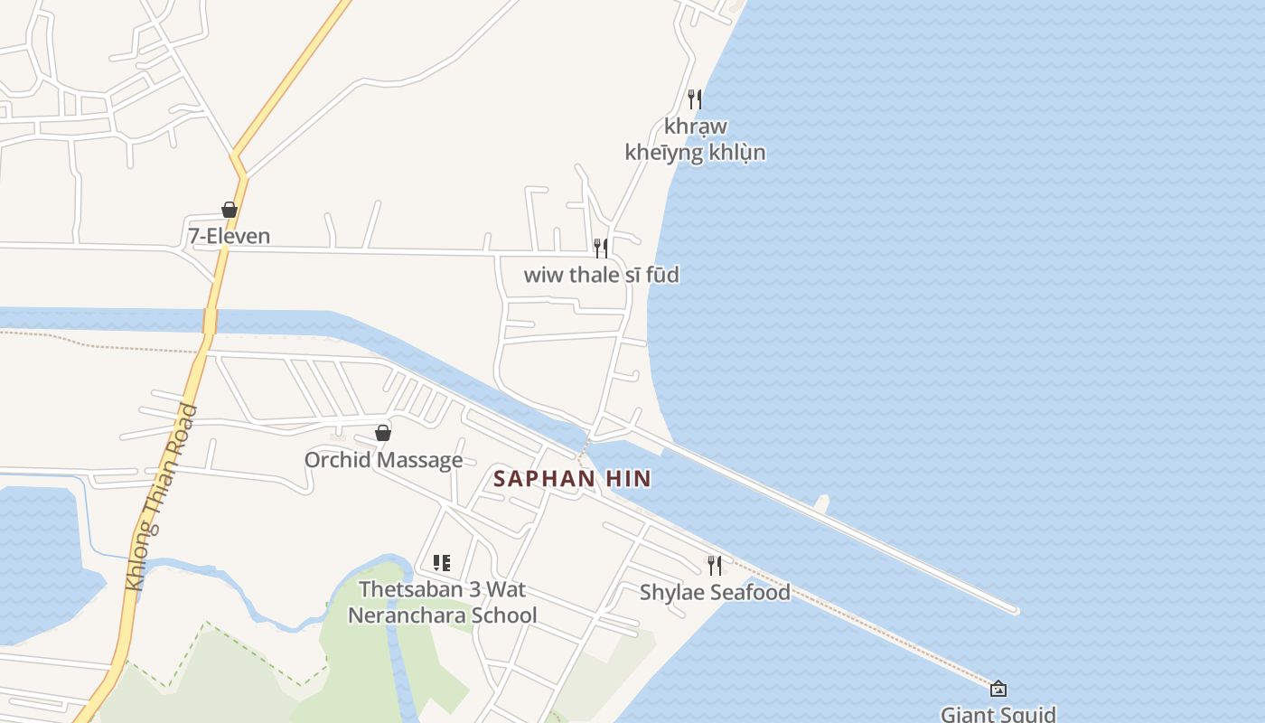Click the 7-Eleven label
coord(229,237)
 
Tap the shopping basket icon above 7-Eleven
coord(230,210)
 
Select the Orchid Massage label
coord(383,460)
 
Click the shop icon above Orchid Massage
coord(383,433)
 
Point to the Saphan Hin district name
coord(572,479)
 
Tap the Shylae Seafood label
coord(715,593)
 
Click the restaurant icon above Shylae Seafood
coord(715,566)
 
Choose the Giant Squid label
coord(998,714)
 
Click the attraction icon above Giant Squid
coord(998,689)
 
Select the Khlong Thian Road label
coord(162,498)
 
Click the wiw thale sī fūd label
coord(601,275)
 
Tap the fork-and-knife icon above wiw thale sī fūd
coord(601,248)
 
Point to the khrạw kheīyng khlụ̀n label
coord(695,139)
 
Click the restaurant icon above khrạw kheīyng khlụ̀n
coord(695,99)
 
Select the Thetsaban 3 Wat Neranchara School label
coord(442,603)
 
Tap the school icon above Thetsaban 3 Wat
coord(442,564)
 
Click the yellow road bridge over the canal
coord(210,321)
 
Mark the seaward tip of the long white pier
coord(1016,611)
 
